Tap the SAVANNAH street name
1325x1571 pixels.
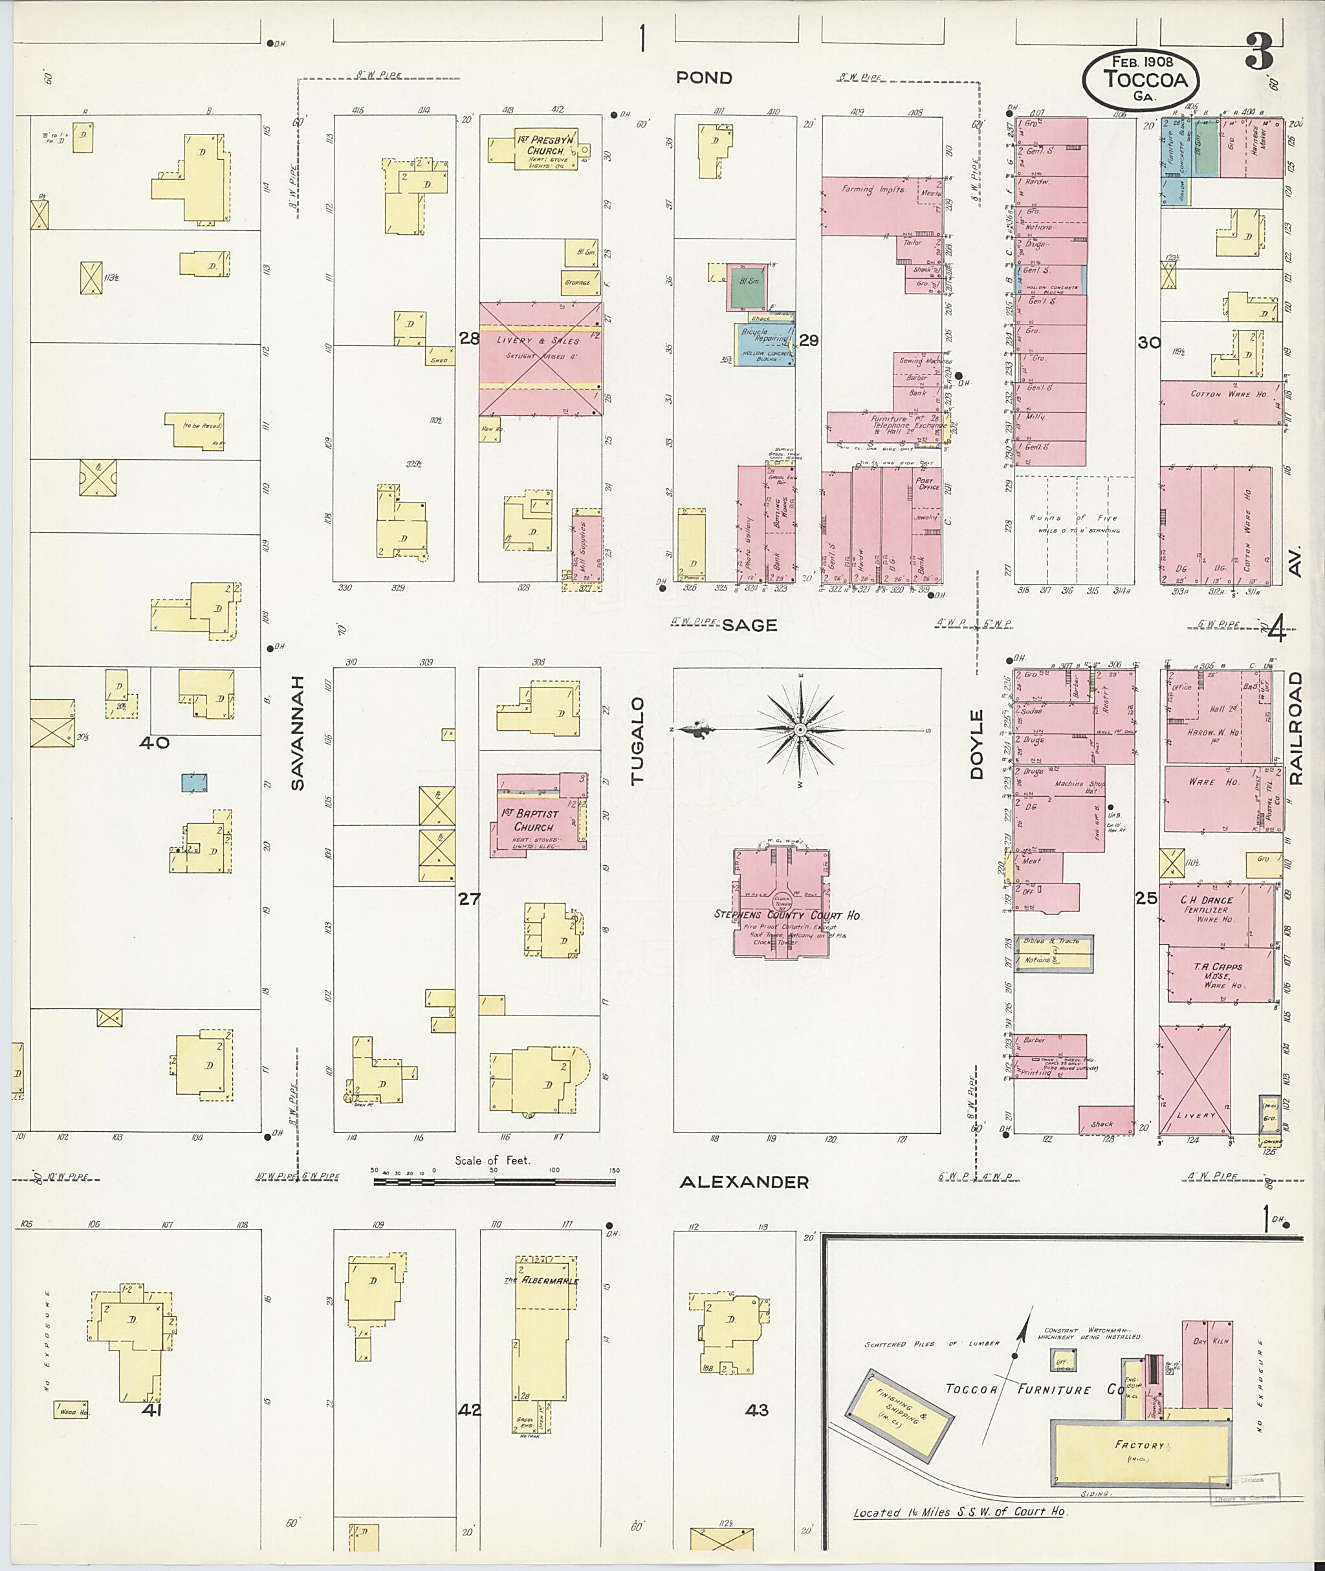tap(298, 732)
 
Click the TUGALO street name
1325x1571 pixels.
tap(638, 741)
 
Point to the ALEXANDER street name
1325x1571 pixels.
tap(743, 1183)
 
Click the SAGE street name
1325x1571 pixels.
tap(749, 625)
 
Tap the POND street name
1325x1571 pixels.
tap(704, 78)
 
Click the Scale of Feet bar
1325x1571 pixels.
tap(494, 1181)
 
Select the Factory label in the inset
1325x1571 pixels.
tap(1139, 1446)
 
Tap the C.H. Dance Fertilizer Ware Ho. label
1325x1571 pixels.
tap(1207, 909)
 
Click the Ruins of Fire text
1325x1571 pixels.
tap(1075, 518)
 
